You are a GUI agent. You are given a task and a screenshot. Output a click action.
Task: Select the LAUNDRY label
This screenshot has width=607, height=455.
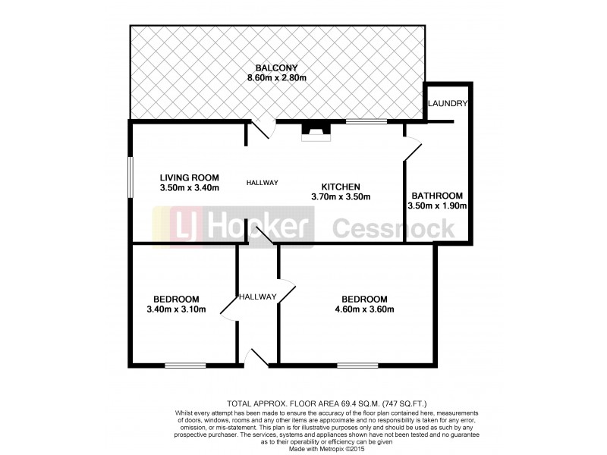tap(447, 103)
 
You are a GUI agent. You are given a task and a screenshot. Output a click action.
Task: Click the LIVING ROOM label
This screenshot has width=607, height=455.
tap(189, 177)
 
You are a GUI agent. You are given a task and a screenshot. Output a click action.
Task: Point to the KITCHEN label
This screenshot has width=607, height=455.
tap(340, 187)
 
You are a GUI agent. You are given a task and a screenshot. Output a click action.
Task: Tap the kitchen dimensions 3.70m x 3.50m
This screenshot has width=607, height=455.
tap(340, 197)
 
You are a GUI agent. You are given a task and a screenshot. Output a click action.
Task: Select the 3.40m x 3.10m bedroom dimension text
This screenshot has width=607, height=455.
tap(176, 309)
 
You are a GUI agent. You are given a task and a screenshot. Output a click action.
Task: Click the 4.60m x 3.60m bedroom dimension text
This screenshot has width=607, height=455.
tap(364, 309)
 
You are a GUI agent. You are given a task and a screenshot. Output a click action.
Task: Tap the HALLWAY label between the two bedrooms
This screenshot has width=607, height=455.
tap(257, 297)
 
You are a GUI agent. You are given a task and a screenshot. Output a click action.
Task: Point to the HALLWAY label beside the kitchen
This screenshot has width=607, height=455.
tap(263, 183)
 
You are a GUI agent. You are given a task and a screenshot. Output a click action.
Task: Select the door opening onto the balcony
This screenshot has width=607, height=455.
tap(262, 128)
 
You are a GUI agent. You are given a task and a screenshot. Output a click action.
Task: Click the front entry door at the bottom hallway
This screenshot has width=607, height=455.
tap(257, 358)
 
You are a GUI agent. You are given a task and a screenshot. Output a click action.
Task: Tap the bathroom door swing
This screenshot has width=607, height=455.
tap(412, 149)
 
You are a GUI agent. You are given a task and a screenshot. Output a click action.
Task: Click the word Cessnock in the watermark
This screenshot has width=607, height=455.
tap(394, 227)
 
